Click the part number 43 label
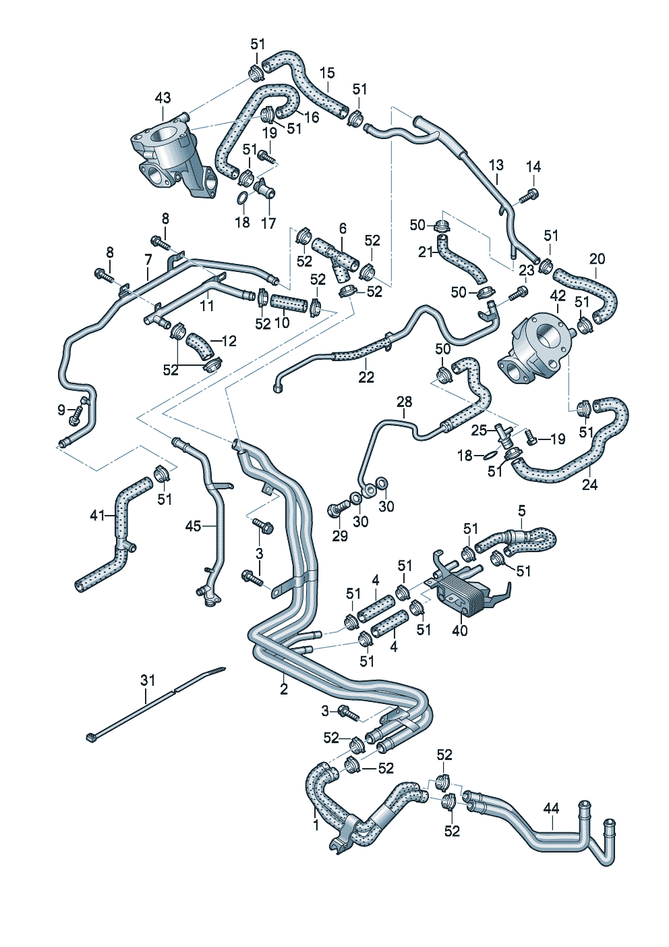[x=163, y=99]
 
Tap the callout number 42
[x=558, y=296]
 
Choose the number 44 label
[x=551, y=807]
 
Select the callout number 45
[x=193, y=525]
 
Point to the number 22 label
[x=366, y=377]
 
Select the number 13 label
[x=496, y=165]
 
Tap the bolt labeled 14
[x=529, y=196]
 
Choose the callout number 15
[x=327, y=73]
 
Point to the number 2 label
[x=284, y=689]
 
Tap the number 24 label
[x=589, y=485]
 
